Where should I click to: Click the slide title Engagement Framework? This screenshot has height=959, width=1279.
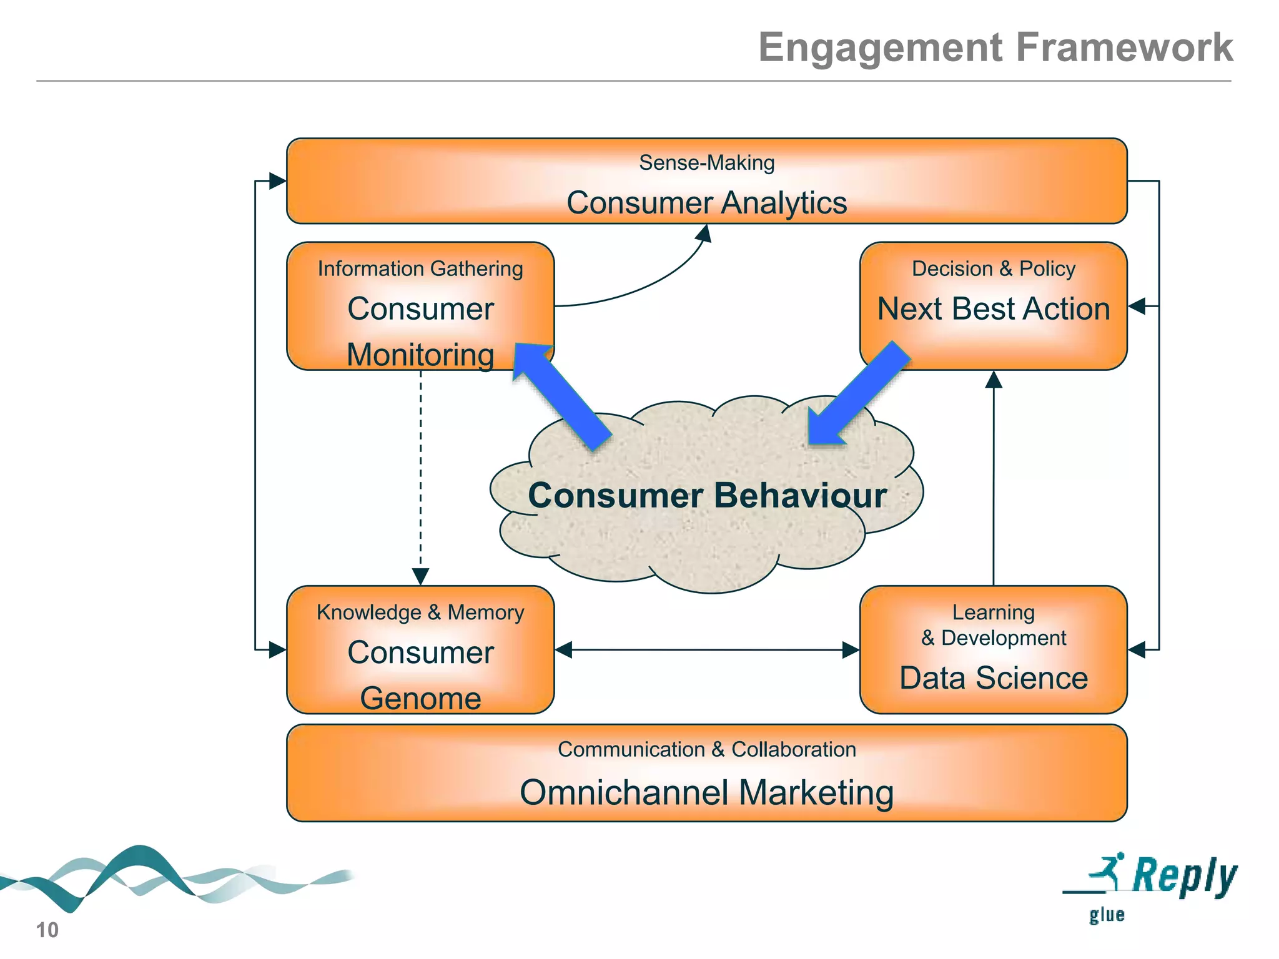pos(995,47)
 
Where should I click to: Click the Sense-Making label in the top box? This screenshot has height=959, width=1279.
pos(706,163)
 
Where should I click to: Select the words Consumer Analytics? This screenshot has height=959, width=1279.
pos(706,203)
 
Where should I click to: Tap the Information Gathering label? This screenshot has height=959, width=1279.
pos(420,268)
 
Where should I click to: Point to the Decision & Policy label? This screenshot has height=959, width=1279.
pos(993,268)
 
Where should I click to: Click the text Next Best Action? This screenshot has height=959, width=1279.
pos(993,309)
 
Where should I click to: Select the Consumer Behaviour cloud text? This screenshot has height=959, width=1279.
pos(707,496)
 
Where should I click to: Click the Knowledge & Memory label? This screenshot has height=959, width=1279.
pos(420,612)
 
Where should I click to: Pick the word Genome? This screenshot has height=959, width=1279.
pos(420,698)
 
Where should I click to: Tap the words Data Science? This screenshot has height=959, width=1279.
pos(993,678)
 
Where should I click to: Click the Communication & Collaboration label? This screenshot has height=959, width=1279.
pos(706,749)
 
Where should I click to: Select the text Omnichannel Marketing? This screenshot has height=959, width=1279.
pos(706,793)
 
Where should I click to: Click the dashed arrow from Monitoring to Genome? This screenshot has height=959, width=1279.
pos(420,475)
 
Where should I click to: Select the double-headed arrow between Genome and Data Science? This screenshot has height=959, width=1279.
pos(706,650)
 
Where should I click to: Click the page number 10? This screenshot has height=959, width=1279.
pos(47,930)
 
